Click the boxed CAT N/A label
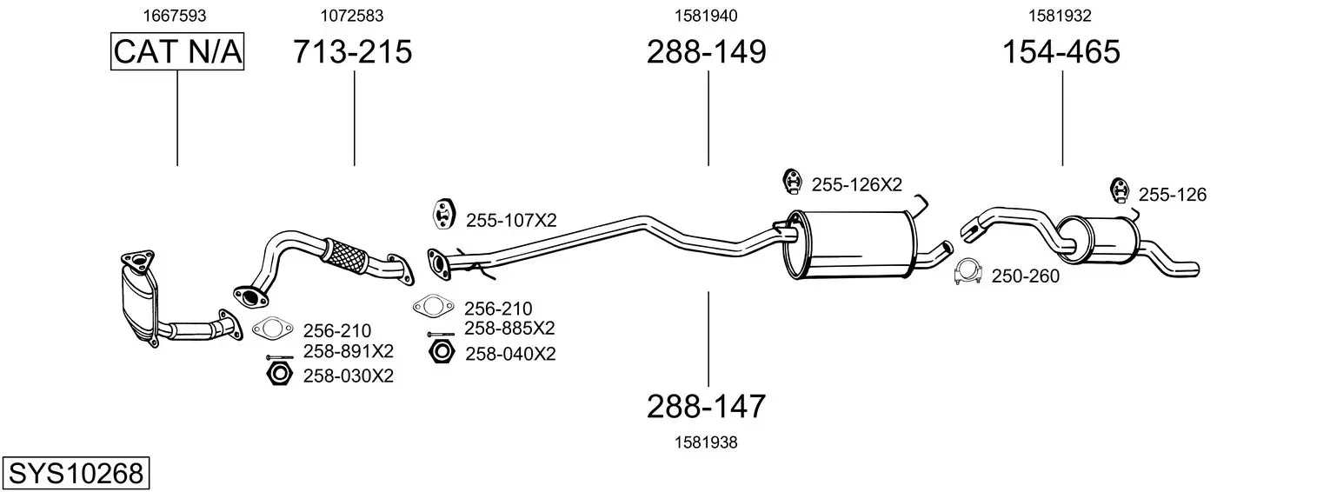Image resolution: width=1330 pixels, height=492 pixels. pos(177,51)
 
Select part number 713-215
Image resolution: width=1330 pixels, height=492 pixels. pos(352,51)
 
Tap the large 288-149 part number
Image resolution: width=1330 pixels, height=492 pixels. pos(707,51)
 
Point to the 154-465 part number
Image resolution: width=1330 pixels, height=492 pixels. pos(1061,51)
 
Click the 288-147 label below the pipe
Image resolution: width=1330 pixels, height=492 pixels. pos(706,407)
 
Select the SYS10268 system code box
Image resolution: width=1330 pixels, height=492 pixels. pos(76,474)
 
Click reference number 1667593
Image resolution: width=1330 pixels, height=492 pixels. pos(175,16)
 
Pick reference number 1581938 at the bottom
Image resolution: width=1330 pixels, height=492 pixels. pos(706,442)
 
